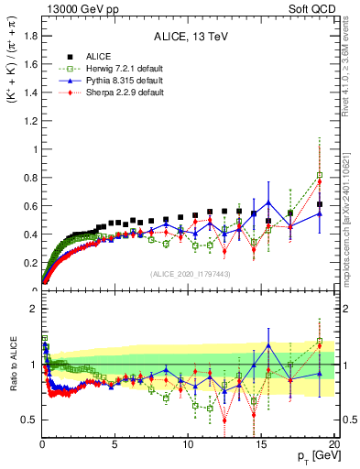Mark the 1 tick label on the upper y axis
click(x=32, y=148)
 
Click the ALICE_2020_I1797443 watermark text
click(x=190, y=274)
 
